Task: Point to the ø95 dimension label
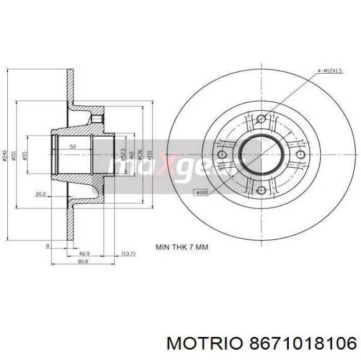[25, 156]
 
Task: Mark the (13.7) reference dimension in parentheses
[128, 253]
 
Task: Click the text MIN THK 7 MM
[182, 247]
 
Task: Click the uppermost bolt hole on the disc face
[261, 119]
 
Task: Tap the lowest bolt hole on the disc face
[261, 190]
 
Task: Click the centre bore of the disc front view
[261, 155]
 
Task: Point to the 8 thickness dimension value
[47, 246]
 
